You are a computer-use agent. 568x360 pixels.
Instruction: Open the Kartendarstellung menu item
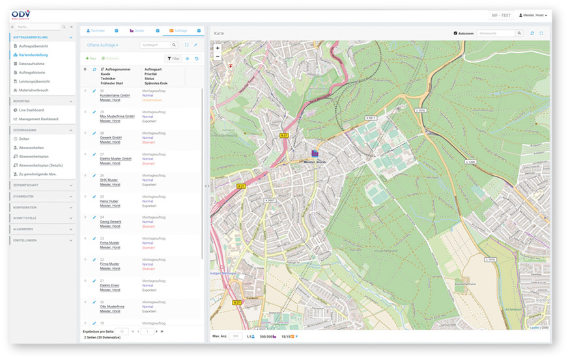(x=34, y=55)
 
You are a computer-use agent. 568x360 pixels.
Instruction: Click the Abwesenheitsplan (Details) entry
(x=41, y=165)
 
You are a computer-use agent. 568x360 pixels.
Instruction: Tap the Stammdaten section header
(x=25, y=196)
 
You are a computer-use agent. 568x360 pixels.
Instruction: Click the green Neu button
(x=91, y=58)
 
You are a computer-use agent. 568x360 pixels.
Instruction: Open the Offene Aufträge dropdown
(x=103, y=45)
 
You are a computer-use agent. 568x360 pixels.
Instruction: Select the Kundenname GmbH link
(x=115, y=96)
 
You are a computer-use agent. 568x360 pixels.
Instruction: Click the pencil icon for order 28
(x=94, y=133)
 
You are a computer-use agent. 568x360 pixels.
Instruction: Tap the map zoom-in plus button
(x=218, y=48)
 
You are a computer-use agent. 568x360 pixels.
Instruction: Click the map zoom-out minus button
(x=218, y=57)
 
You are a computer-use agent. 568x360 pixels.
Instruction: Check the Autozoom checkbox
(x=455, y=33)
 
